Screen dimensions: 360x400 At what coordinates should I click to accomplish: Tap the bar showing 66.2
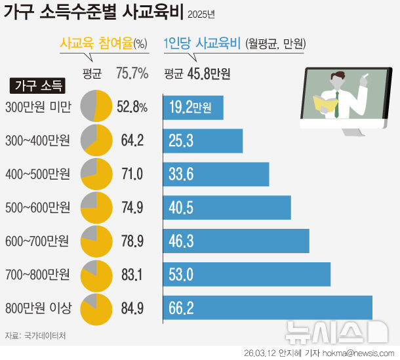[x=268, y=308]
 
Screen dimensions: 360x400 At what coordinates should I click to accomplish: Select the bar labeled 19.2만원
[x=193, y=108]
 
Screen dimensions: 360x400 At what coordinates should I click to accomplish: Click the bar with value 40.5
[x=227, y=208]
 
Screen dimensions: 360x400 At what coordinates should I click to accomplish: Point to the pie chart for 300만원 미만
[x=96, y=107]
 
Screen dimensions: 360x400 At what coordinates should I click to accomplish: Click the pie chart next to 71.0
[x=96, y=174]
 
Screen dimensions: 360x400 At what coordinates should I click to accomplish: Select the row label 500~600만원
[x=37, y=208]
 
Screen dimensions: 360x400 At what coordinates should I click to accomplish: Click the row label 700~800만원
[x=37, y=275]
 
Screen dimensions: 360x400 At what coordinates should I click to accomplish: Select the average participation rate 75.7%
[x=132, y=73]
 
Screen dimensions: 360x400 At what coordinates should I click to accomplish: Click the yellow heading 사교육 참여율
[x=95, y=44]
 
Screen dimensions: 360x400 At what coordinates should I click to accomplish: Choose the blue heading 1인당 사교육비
[x=203, y=44]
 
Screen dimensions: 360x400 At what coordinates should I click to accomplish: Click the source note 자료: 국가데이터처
[x=35, y=336]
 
